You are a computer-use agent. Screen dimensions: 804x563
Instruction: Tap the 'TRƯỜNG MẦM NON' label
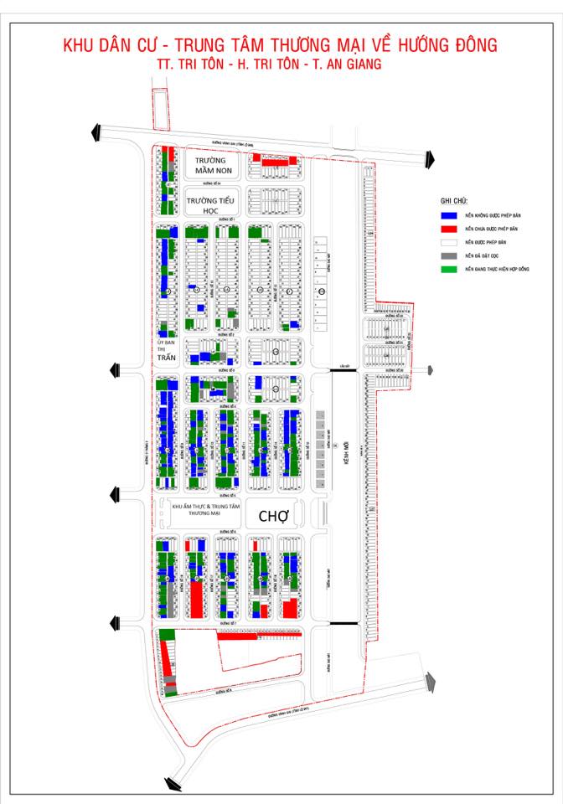click(x=211, y=165)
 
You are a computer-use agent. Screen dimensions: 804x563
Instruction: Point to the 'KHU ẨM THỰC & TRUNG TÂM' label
click(x=206, y=507)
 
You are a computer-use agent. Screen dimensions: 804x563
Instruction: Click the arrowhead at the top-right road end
click(x=429, y=157)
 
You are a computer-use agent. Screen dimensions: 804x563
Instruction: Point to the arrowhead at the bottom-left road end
click(x=173, y=784)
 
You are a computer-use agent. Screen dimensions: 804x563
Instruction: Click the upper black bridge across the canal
click(x=343, y=369)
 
